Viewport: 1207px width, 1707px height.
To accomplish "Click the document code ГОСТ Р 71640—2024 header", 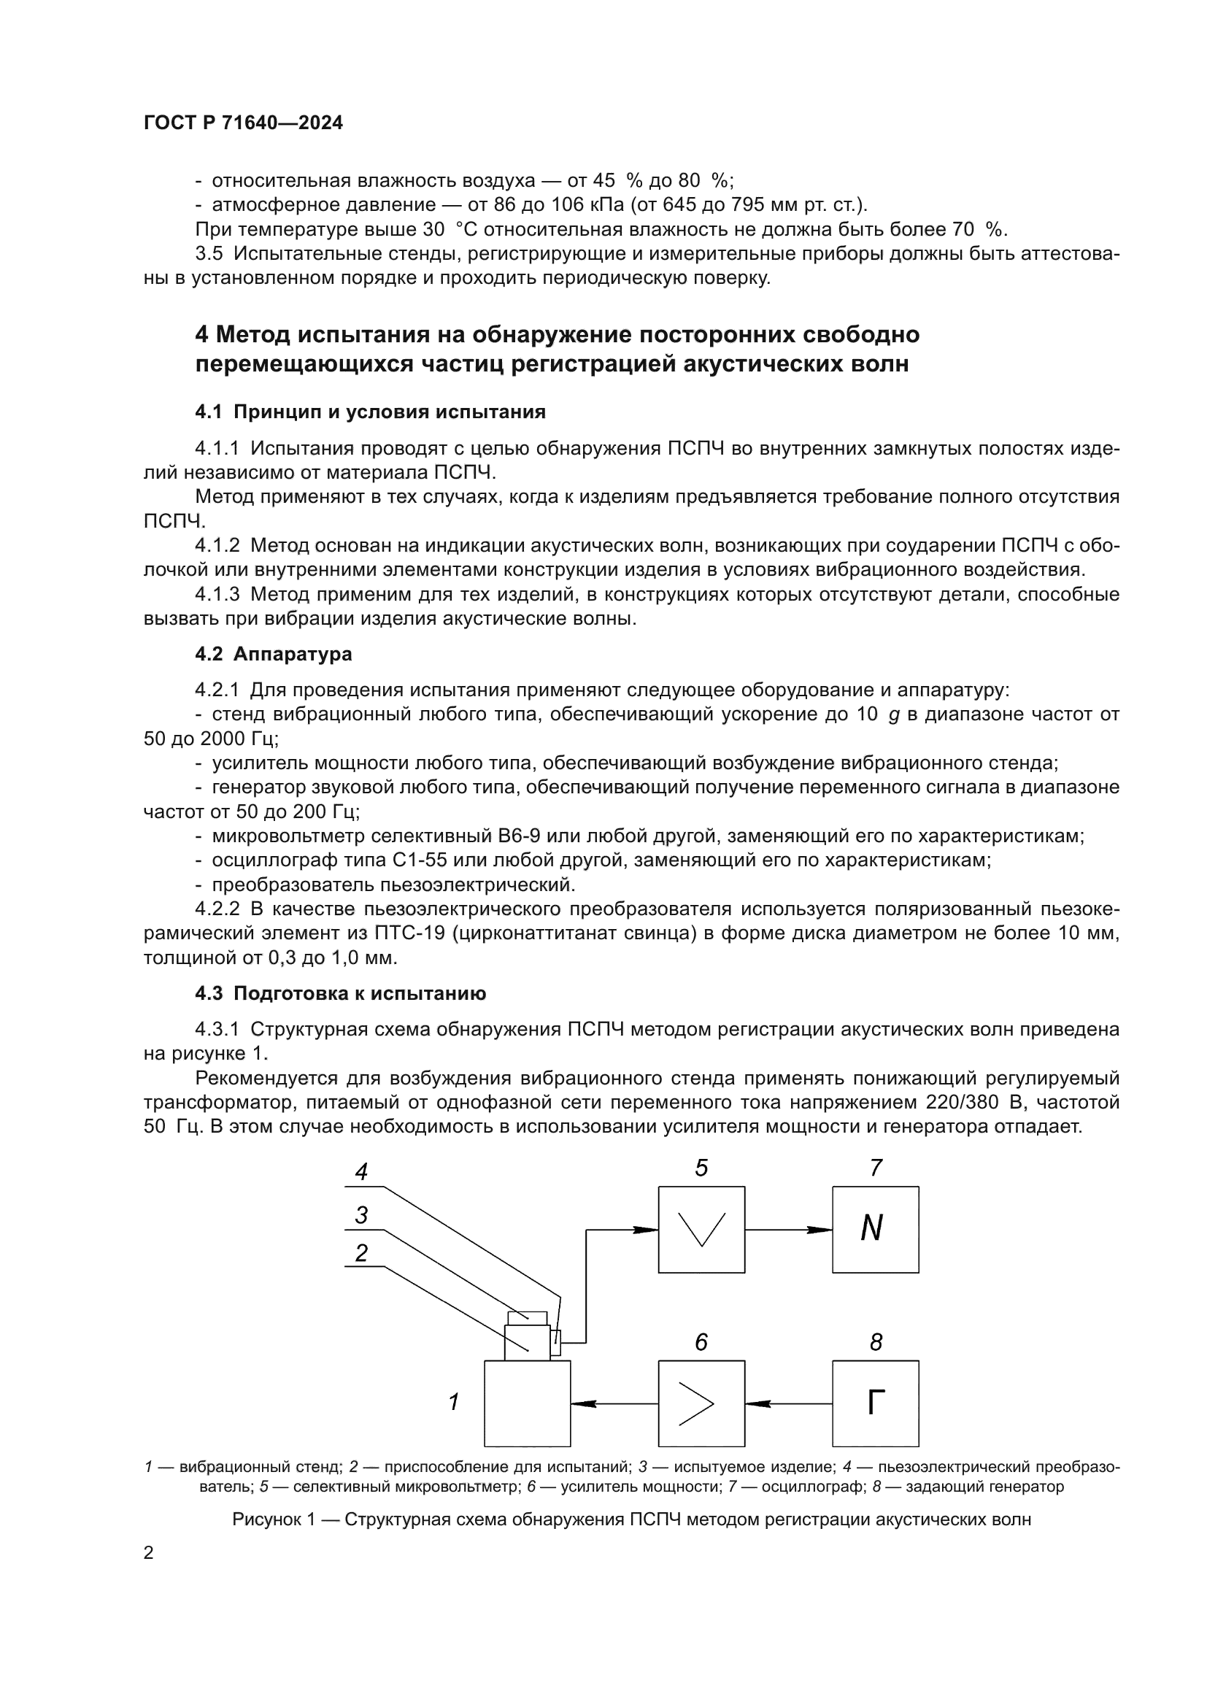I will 243,123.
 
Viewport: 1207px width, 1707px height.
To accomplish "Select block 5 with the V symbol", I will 701,1229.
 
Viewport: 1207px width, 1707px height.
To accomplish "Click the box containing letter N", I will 875,1229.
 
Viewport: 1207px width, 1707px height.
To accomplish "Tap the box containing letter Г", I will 875,1403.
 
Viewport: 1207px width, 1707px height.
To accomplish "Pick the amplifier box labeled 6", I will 701,1403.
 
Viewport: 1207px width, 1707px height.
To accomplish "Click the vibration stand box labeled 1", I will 527,1403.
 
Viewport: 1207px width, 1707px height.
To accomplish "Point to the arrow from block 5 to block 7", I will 788,1230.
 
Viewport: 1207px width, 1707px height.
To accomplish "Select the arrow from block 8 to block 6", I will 788,1403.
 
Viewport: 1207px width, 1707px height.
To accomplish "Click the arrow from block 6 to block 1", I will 614,1403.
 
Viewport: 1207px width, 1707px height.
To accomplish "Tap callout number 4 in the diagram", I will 361,1173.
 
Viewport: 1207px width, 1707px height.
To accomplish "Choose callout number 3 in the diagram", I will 361,1216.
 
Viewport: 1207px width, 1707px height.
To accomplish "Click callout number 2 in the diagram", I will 361,1255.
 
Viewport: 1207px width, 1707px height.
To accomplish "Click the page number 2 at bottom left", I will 149,1553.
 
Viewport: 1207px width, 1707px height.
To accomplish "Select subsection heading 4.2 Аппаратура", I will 274,654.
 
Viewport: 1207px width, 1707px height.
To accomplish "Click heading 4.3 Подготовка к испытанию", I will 340,994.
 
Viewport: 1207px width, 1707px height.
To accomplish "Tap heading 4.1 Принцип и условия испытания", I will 370,412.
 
